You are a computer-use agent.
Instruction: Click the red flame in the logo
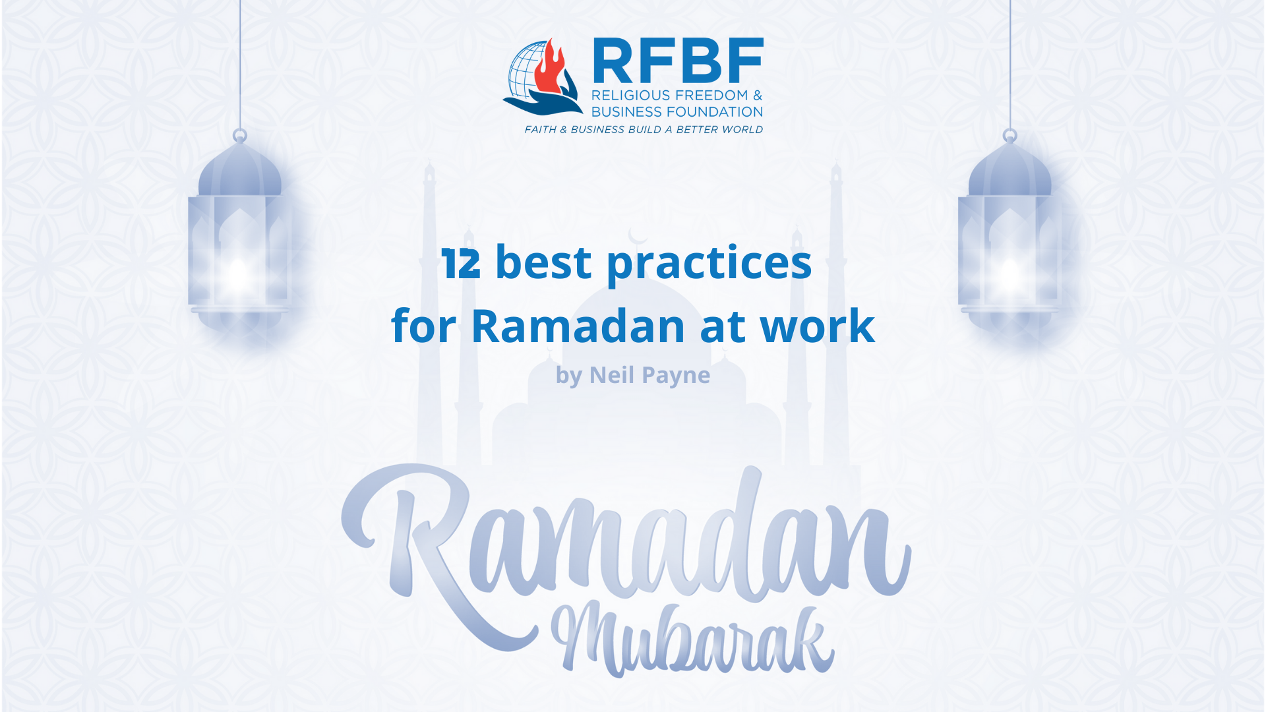[x=549, y=69]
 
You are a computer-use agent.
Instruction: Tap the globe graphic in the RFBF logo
[x=525, y=73]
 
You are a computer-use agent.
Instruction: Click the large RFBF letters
[x=678, y=61]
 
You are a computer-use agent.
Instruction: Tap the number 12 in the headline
[x=462, y=264]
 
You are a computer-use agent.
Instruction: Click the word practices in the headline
[x=709, y=264]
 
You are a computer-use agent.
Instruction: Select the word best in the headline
[x=543, y=262]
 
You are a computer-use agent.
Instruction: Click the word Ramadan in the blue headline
[x=578, y=326]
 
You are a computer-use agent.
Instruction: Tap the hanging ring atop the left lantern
[x=240, y=136]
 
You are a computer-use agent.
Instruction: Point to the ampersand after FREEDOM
[x=758, y=96]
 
